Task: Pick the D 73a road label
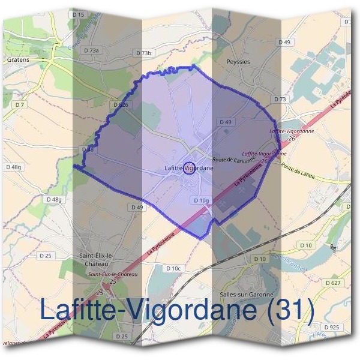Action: point(92,51)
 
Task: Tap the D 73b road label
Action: point(144,53)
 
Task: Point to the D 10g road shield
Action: point(201,200)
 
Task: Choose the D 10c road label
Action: point(173,268)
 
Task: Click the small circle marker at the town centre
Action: point(188,168)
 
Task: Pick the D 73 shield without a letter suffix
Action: point(280,99)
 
